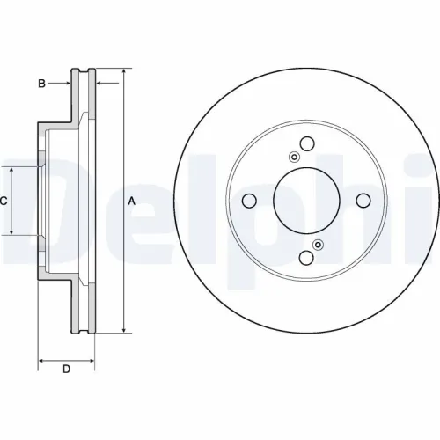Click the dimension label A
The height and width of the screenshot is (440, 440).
[x=132, y=202]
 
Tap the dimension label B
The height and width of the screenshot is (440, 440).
[x=40, y=84]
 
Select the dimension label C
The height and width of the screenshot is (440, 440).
[x=4, y=202]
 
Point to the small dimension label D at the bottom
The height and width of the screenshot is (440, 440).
[x=66, y=369]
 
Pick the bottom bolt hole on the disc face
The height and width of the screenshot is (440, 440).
[x=306, y=257]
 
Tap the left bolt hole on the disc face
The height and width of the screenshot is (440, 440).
[x=250, y=201]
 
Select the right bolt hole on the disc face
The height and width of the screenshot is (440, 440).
[x=363, y=201]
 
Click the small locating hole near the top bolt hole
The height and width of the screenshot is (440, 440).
[x=294, y=158]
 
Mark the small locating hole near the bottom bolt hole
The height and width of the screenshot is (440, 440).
[x=319, y=245]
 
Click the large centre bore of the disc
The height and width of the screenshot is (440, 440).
[x=306, y=201]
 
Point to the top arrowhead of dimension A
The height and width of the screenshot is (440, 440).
[x=123, y=71]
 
